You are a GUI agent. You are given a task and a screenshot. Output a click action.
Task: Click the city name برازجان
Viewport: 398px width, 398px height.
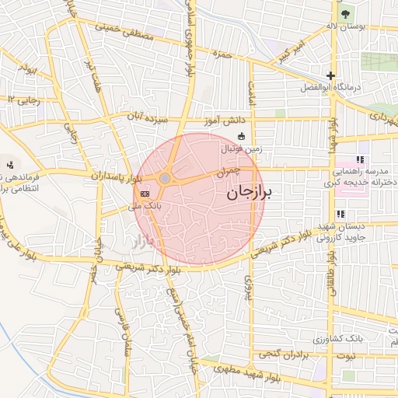(x=250, y=194)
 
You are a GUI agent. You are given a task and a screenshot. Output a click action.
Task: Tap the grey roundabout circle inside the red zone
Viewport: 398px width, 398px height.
(x=165, y=179)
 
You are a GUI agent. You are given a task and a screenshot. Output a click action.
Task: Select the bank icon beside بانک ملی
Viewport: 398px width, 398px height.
(x=145, y=193)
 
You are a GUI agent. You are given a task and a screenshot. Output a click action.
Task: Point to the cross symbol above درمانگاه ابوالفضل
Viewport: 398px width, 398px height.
(x=331, y=75)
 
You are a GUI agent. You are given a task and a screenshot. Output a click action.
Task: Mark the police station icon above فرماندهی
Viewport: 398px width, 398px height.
(x=10, y=164)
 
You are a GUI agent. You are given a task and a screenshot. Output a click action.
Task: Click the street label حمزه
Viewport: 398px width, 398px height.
(x=225, y=55)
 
